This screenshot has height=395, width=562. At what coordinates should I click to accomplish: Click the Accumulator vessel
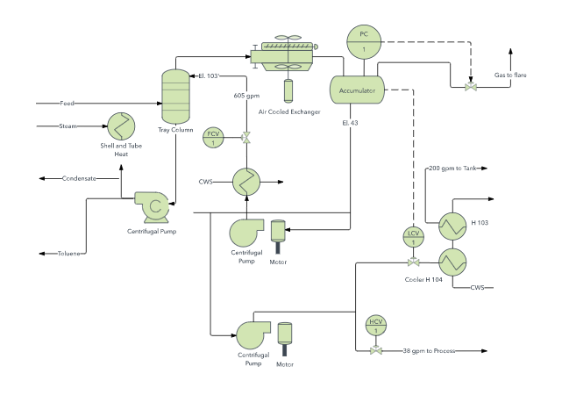[x=358, y=90]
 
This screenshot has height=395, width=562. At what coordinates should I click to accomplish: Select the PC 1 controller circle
[x=363, y=42]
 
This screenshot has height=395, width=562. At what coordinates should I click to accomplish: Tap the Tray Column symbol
[x=176, y=96]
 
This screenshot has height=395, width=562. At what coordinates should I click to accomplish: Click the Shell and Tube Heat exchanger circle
[x=120, y=126]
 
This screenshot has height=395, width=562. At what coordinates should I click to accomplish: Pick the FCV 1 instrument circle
[x=213, y=137]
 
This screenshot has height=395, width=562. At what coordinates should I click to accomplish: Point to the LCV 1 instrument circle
[x=412, y=236]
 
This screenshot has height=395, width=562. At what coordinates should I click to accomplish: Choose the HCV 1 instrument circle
[x=376, y=326]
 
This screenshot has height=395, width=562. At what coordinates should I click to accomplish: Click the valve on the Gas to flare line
[x=471, y=87]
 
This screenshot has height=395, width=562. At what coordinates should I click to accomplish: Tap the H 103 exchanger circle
[x=453, y=226]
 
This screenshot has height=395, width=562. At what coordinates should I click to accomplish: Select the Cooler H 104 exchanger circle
[x=453, y=262]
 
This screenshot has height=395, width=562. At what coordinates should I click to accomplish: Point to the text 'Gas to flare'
[x=510, y=75]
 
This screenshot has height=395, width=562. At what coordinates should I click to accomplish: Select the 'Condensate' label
[x=79, y=178]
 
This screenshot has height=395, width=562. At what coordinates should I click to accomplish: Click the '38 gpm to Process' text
[x=429, y=351]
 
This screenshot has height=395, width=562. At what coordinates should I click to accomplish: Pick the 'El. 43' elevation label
[x=351, y=122]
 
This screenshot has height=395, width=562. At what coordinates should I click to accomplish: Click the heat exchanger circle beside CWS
[x=246, y=182]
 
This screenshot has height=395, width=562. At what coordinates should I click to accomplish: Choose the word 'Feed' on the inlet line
[x=68, y=104]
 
